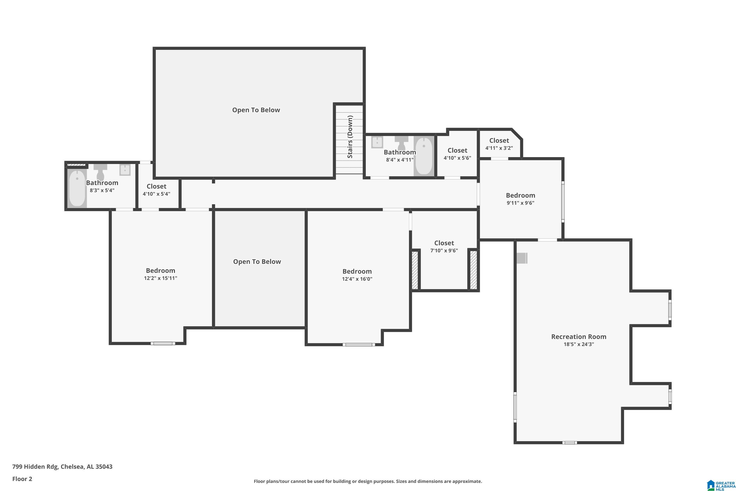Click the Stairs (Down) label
pos(350,137)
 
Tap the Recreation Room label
pos(578,337)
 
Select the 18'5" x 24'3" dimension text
pos(578,344)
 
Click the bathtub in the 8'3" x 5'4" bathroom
pos(77,188)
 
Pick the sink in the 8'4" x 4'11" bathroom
pos(377,142)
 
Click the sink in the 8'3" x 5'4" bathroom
pos(125,170)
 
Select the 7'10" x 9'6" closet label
pos(444,243)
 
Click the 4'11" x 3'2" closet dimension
pos(499,148)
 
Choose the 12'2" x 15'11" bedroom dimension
pos(160,278)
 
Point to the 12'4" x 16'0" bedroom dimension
pos(357,279)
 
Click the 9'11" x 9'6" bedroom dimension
pos(520,203)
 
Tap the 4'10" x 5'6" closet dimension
pos(457,158)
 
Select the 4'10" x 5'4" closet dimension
pos(157,194)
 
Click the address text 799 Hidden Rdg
pos(35,467)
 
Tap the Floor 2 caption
pos(22,479)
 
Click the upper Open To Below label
pos(256,110)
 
